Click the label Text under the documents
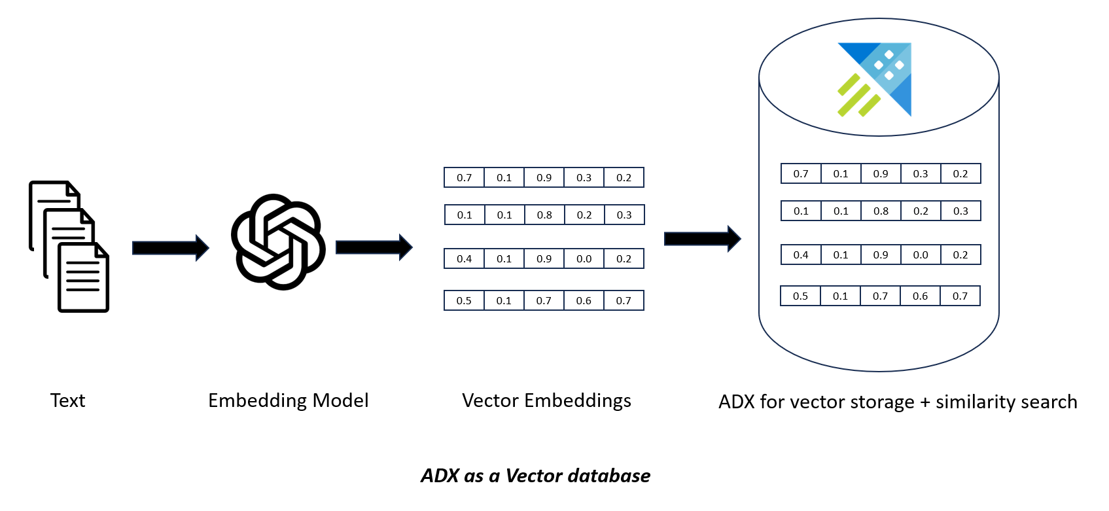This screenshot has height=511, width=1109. pyautogui.click(x=67, y=400)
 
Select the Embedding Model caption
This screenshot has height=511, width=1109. pyautogui.click(x=288, y=400)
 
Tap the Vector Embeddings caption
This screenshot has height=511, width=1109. pyautogui.click(x=546, y=400)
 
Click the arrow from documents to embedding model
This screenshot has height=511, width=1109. pyautogui.click(x=170, y=247)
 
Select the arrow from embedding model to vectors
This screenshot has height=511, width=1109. pyautogui.click(x=374, y=247)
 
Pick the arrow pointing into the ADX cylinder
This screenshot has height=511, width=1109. pyautogui.click(x=702, y=238)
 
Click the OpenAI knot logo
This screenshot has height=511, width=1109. pyautogui.click(x=278, y=241)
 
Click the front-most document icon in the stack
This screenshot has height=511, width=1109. pyautogui.click(x=83, y=277)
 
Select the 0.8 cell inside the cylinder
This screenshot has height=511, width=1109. pyautogui.click(x=881, y=211)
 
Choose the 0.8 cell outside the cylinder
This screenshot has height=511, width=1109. pyautogui.click(x=544, y=215)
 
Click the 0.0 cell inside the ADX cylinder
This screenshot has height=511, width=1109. pyautogui.click(x=921, y=255)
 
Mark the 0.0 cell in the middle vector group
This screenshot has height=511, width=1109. pyautogui.click(x=584, y=258)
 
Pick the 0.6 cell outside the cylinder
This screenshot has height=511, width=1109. pyautogui.click(x=584, y=300)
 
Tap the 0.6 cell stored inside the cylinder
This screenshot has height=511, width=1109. pyautogui.click(x=920, y=296)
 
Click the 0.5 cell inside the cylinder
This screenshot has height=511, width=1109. pyautogui.click(x=800, y=296)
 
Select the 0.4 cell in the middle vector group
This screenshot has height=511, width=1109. pyautogui.click(x=464, y=258)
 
